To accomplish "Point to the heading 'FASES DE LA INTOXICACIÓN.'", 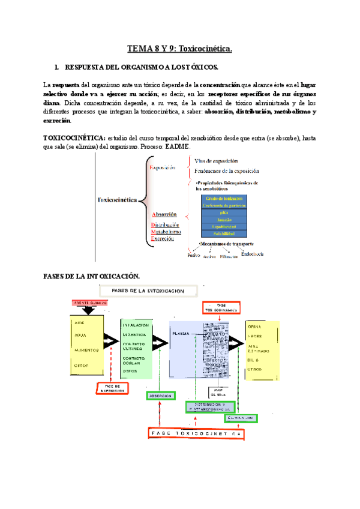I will (92, 276).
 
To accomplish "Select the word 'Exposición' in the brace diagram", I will (167, 169).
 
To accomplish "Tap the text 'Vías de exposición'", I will (216, 161).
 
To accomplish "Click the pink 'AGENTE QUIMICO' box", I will (88, 303).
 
